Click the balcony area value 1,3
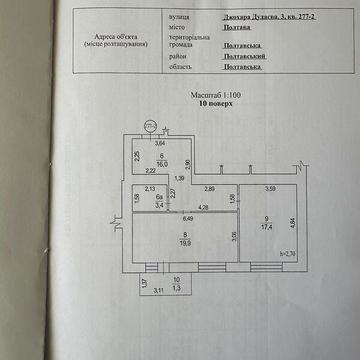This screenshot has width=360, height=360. point(177,288)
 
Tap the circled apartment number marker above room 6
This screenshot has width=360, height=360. point(150,126)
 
